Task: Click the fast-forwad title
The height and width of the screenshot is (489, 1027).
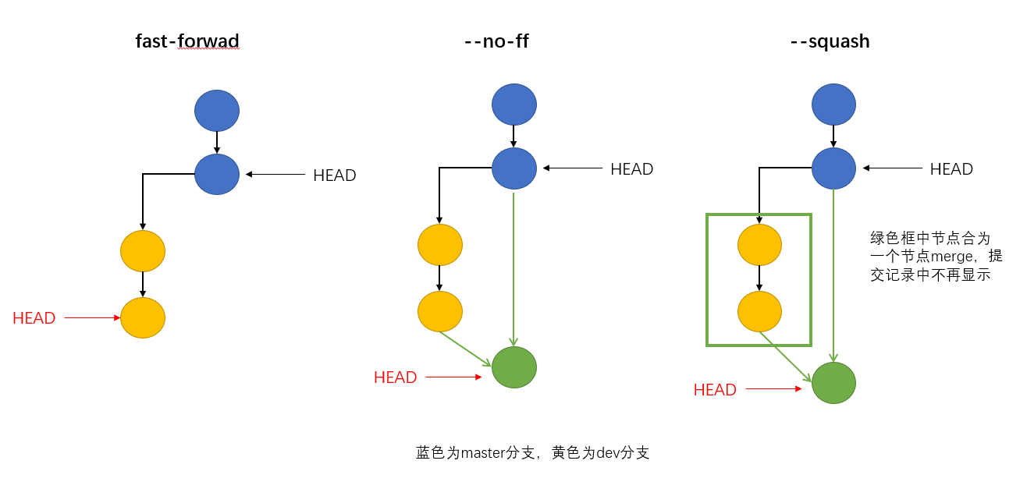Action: [x=187, y=41]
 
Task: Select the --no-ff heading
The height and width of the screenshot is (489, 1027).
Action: [x=496, y=41]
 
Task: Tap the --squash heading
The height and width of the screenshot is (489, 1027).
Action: [x=830, y=41]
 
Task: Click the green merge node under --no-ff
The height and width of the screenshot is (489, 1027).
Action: [x=514, y=367]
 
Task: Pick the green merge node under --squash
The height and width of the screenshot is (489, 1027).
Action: [x=833, y=383]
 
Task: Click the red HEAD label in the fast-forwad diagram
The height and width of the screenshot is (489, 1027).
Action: [x=34, y=318]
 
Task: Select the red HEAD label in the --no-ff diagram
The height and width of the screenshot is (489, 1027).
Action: [x=395, y=377]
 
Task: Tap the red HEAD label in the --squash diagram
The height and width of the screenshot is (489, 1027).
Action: [x=715, y=390]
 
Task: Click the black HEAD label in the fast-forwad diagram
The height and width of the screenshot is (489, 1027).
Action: [x=334, y=175]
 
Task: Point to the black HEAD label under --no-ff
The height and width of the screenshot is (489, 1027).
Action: [x=631, y=169]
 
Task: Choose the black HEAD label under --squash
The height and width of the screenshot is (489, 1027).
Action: [x=951, y=169]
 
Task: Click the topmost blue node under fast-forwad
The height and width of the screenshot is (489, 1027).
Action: [x=217, y=111]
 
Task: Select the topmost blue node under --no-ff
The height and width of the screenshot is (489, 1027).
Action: [x=514, y=105]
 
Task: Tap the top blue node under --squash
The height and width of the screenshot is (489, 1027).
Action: [x=833, y=105]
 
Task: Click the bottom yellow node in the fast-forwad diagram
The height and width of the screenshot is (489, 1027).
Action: [x=143, y=317]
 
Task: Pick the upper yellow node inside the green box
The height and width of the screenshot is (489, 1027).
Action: [x=759, y=245]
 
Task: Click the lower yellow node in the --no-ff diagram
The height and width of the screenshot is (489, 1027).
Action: [x=440, y=311]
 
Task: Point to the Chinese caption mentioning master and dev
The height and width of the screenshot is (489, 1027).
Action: [x=532, y=452]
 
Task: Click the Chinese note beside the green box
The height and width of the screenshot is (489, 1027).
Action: [x=936, y=255]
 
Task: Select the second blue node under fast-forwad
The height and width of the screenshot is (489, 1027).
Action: [x=217, y=174]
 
